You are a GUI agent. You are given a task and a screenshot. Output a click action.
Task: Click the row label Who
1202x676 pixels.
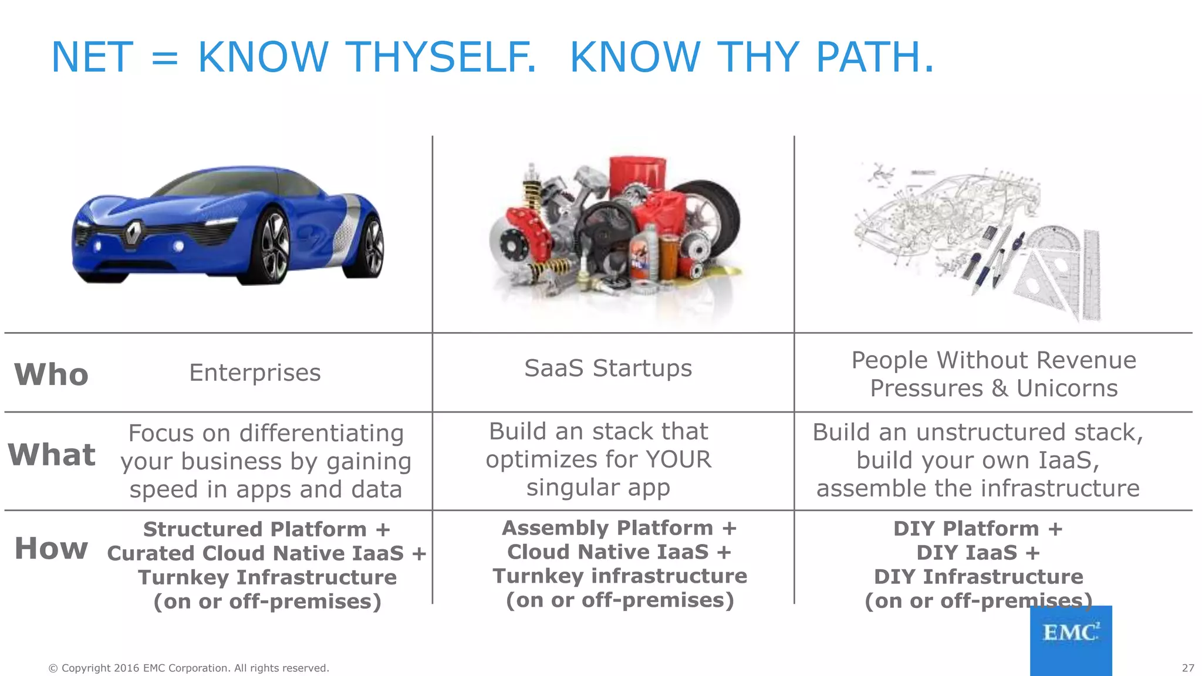click(51, 374)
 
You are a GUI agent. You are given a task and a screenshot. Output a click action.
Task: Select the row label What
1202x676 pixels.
click(52, 455)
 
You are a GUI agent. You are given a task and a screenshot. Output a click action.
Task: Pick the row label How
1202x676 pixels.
click(51, 548)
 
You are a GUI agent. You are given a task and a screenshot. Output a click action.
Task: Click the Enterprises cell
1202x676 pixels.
click(255, 373)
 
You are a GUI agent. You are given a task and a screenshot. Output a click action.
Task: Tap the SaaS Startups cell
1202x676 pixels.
click(608, 369)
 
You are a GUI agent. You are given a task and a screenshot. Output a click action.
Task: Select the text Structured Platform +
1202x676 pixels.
click(266, 529)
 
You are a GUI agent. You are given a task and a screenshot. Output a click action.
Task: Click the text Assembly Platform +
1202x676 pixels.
click(619, 528)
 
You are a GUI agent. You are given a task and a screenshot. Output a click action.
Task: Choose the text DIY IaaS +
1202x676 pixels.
click(978, 553)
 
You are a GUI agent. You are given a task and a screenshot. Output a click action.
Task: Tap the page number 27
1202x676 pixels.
click(1187, 668)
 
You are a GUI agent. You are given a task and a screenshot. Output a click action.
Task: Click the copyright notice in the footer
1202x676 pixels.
click(188, 668)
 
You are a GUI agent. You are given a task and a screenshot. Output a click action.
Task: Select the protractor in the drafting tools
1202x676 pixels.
click(1054, 246)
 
